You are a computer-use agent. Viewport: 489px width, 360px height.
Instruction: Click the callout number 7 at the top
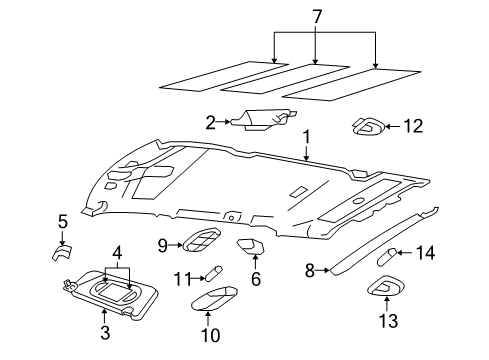tap(317, 16)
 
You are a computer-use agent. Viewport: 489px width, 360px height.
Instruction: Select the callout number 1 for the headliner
tap(307, 136)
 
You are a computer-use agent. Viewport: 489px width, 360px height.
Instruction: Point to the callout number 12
tap(412, 126)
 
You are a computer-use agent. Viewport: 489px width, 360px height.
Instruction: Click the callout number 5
tap(62, 221)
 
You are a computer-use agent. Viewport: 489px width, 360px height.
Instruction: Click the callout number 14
tap(425, 254)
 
